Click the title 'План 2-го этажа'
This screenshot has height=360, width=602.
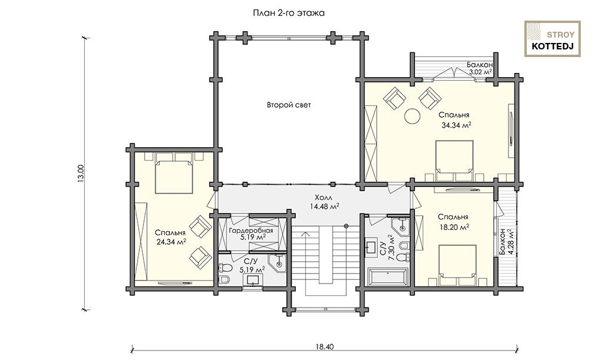[x=289, y=13]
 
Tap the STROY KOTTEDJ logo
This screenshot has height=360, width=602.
[x=553, y=39]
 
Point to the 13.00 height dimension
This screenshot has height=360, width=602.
[x=81, y=174]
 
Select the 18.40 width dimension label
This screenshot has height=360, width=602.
[x=325, y=346]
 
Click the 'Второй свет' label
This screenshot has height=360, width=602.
[x=289, y=105]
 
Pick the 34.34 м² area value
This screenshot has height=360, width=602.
[x=456, y=125]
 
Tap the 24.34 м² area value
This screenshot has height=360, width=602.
[x=171, y=242]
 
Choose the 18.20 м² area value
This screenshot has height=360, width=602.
[x=454, y=227]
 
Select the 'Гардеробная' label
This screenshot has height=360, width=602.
[x=250, y=231]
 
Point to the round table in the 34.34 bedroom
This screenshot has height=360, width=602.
[x=412, y=116]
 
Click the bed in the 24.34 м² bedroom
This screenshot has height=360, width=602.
[x=173, y=176]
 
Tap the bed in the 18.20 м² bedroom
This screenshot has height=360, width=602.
[x=457, y=261]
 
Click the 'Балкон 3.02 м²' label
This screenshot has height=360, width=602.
[x=480, y=68]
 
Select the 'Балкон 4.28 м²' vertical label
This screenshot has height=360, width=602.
[x=506, y=242]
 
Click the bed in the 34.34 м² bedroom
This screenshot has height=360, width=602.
[x=454, y=157]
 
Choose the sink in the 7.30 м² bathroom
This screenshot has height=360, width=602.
[x=372, y=246]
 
